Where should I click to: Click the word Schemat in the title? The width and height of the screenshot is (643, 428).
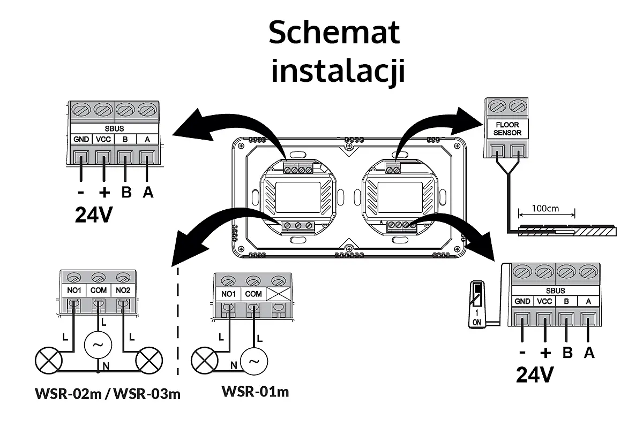334,33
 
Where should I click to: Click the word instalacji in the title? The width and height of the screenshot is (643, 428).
338,71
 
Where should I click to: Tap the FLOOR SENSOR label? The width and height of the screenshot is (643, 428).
506,128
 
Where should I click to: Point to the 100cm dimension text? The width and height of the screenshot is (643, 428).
545,208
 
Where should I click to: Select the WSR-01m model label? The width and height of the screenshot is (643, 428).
255,392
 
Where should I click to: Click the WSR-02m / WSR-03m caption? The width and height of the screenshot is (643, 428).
107,394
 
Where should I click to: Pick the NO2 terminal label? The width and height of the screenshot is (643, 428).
123,290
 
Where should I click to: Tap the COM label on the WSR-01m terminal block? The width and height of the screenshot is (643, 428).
253,294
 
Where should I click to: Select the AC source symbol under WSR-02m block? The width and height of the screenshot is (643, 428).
98,345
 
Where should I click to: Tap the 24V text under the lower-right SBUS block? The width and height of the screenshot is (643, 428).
534,374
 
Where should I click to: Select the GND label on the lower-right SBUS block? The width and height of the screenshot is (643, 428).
522,301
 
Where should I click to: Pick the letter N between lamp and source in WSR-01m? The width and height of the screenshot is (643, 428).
234,365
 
